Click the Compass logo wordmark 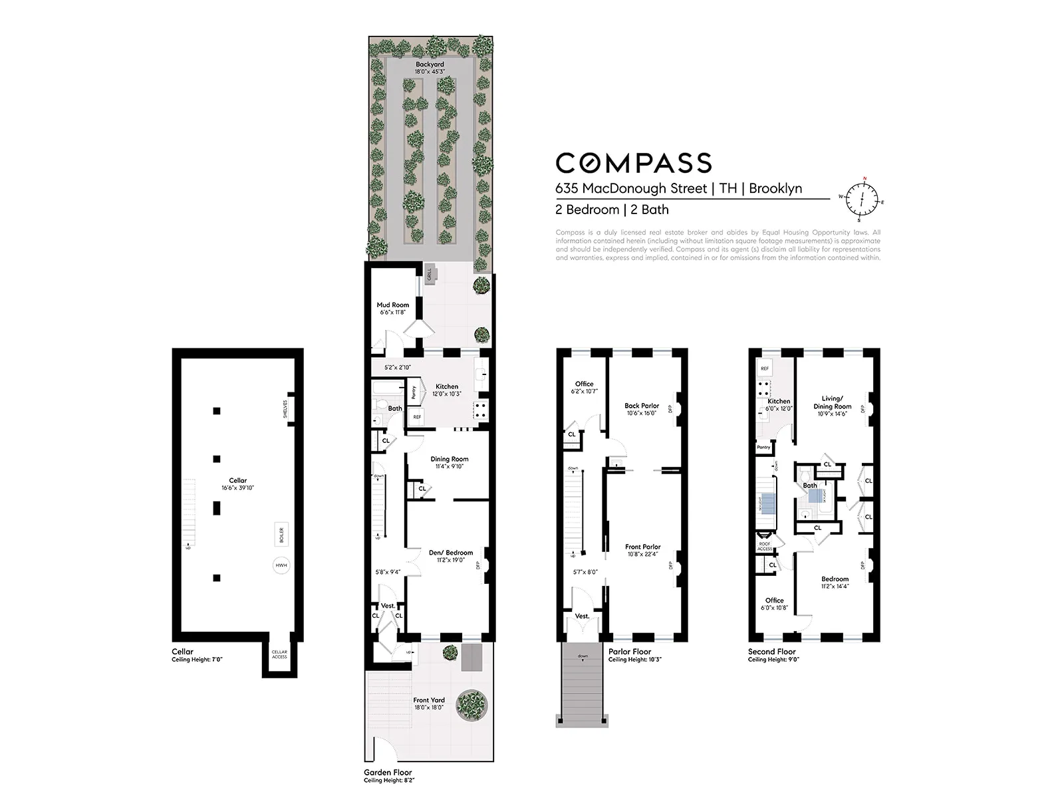pyautogui.click(x=633, y=163)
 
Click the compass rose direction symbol pyautogui.click(x=863, y=199)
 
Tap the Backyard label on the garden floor pyautogui.click(x=430, y=65)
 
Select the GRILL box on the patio pyautogui.click(x=430, y=273)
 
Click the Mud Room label pyautogui.click(x=393, y=305)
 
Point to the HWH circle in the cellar pyautogui.click(x=281, y=566)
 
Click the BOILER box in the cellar pyautogui.click(x=281, y=534)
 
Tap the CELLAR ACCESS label pyautogui.click(x=279, y=654)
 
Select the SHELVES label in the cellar pyautogui.click(x=285, y=406)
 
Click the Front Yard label pyautogui.click(x=429, y=700)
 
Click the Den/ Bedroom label pyautogui.click(x=450, y=553)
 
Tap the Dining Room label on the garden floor pyautogui.click(x=450, y=459)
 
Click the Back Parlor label pyautogui.click(x=642, y=406)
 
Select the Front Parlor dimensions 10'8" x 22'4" pyautogui.click(x=642, y=555)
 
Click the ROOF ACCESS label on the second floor pyautogui.click(x=765, y=546)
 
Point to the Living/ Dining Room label pyautogui.click(x=832, y=402)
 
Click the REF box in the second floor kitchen pyautogui.click(x=765, y=368)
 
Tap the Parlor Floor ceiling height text pyautogui.click(x=635, y=660)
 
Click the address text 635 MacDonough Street pyautogui.click(x=631, y=188)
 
